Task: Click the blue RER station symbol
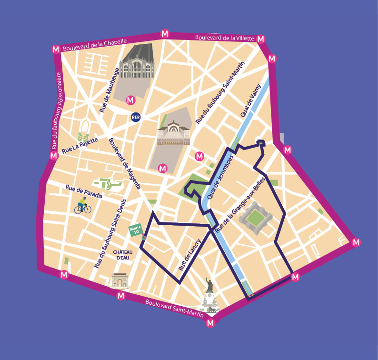click(136, 117)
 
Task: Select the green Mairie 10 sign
click(136, 230)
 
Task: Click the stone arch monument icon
click(120, 281)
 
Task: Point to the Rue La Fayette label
click(80, 145)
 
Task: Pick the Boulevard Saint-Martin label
click(174, 309)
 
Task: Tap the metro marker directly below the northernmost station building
click(130, 100)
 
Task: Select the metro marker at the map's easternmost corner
click(356, 242)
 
